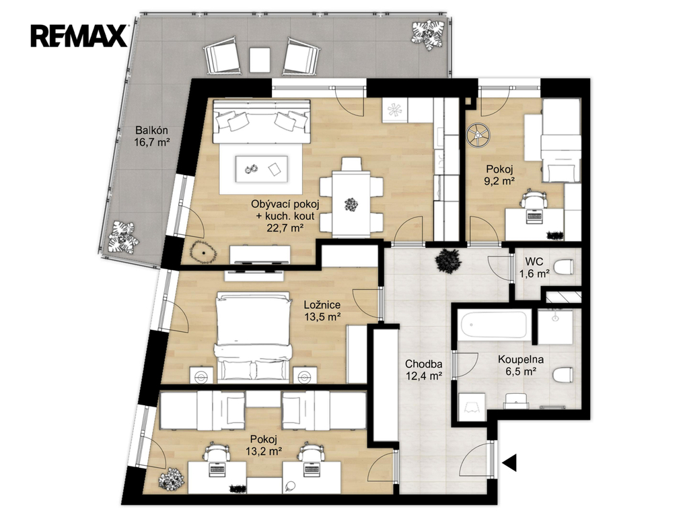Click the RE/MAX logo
coord(79,36)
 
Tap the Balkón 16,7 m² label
coord(152,136)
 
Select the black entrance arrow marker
coord(509,462)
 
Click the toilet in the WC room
coord(563,267)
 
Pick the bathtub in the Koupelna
coord(493,325)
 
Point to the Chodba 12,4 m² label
coord(424,370)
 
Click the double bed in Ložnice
coord(254,337)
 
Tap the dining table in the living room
coord(351,204)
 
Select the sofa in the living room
coord(262,121)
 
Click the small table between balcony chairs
coord(260,59)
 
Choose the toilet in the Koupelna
coord(563,374)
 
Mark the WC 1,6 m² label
coord(534,267)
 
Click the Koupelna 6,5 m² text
coord(521,366)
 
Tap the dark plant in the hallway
coord(448,261)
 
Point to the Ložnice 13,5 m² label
coord(322,310)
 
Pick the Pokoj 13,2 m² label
coord(264,444)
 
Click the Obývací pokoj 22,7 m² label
coord(285,215)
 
